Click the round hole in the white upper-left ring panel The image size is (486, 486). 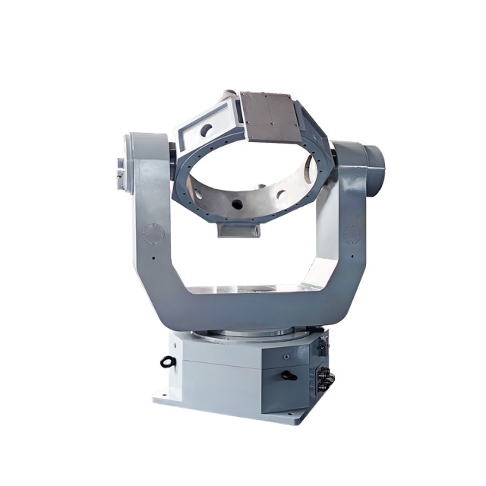click(x=206, y=129)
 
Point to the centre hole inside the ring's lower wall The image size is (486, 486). click(x=237, y=204)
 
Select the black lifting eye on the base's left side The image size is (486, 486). click(x=168, y=362)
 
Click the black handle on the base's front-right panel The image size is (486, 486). click(x=289, y=374)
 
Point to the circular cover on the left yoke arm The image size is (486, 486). click(x=153, y=232)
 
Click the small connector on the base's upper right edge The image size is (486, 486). click(x=323, y=346)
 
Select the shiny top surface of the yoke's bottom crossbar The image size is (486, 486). click(x=243, y=289)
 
